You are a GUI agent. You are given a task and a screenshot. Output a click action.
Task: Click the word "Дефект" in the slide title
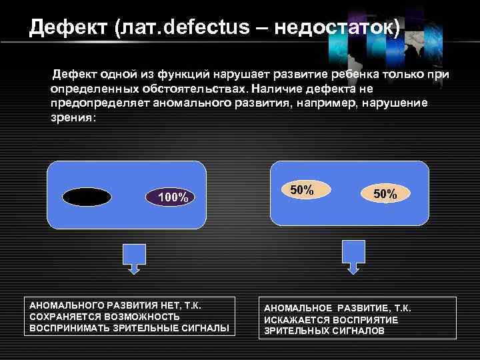coord(68,28)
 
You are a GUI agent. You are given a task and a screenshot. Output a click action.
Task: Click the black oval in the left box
coord(87,197)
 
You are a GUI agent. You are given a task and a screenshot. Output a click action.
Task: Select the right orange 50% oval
coord(385,195)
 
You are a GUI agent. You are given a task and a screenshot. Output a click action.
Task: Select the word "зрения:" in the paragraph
coord(73,117)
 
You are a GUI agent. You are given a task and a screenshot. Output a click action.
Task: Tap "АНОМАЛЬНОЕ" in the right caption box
coord(299,309)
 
